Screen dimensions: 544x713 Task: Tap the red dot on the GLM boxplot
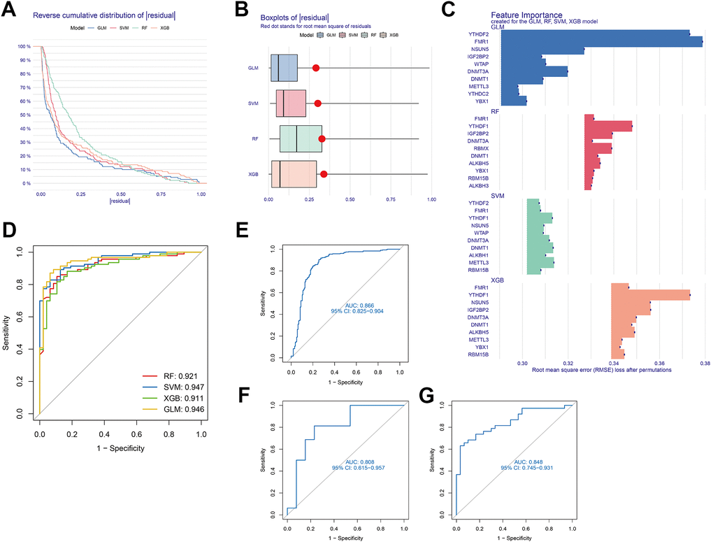coord(316,68)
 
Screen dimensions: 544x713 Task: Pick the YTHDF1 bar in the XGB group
coord(650,295)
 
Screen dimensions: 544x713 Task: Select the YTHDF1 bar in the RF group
coord(608,126)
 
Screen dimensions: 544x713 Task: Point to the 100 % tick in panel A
coord(26,46)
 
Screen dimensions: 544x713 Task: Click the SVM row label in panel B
coord(253,103)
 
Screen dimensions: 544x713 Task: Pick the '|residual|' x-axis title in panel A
coord(120,202)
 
